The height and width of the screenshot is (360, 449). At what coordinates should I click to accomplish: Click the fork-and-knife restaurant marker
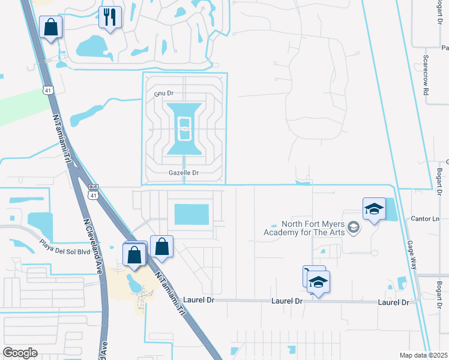pos(109,17)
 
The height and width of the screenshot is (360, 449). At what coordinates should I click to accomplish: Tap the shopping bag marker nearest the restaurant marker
pos(51,27)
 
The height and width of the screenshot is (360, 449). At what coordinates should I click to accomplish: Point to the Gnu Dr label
pos(163,94)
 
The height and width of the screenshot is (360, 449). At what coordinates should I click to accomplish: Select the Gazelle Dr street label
pos(183,173)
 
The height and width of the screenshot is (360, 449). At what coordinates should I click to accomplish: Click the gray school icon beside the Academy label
pos(354,227)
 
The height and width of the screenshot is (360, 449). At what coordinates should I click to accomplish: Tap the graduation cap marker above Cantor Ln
pos(374,209)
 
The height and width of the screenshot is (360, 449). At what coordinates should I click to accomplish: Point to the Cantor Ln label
pos(427,218)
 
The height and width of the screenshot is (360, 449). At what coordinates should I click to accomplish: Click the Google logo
pos(20,353)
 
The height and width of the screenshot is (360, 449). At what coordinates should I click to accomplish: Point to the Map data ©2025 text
pos(423,355)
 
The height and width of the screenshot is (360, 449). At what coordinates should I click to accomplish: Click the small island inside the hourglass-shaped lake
pos(184,125)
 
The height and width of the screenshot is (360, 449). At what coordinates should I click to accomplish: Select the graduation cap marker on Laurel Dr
pos(319,282)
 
